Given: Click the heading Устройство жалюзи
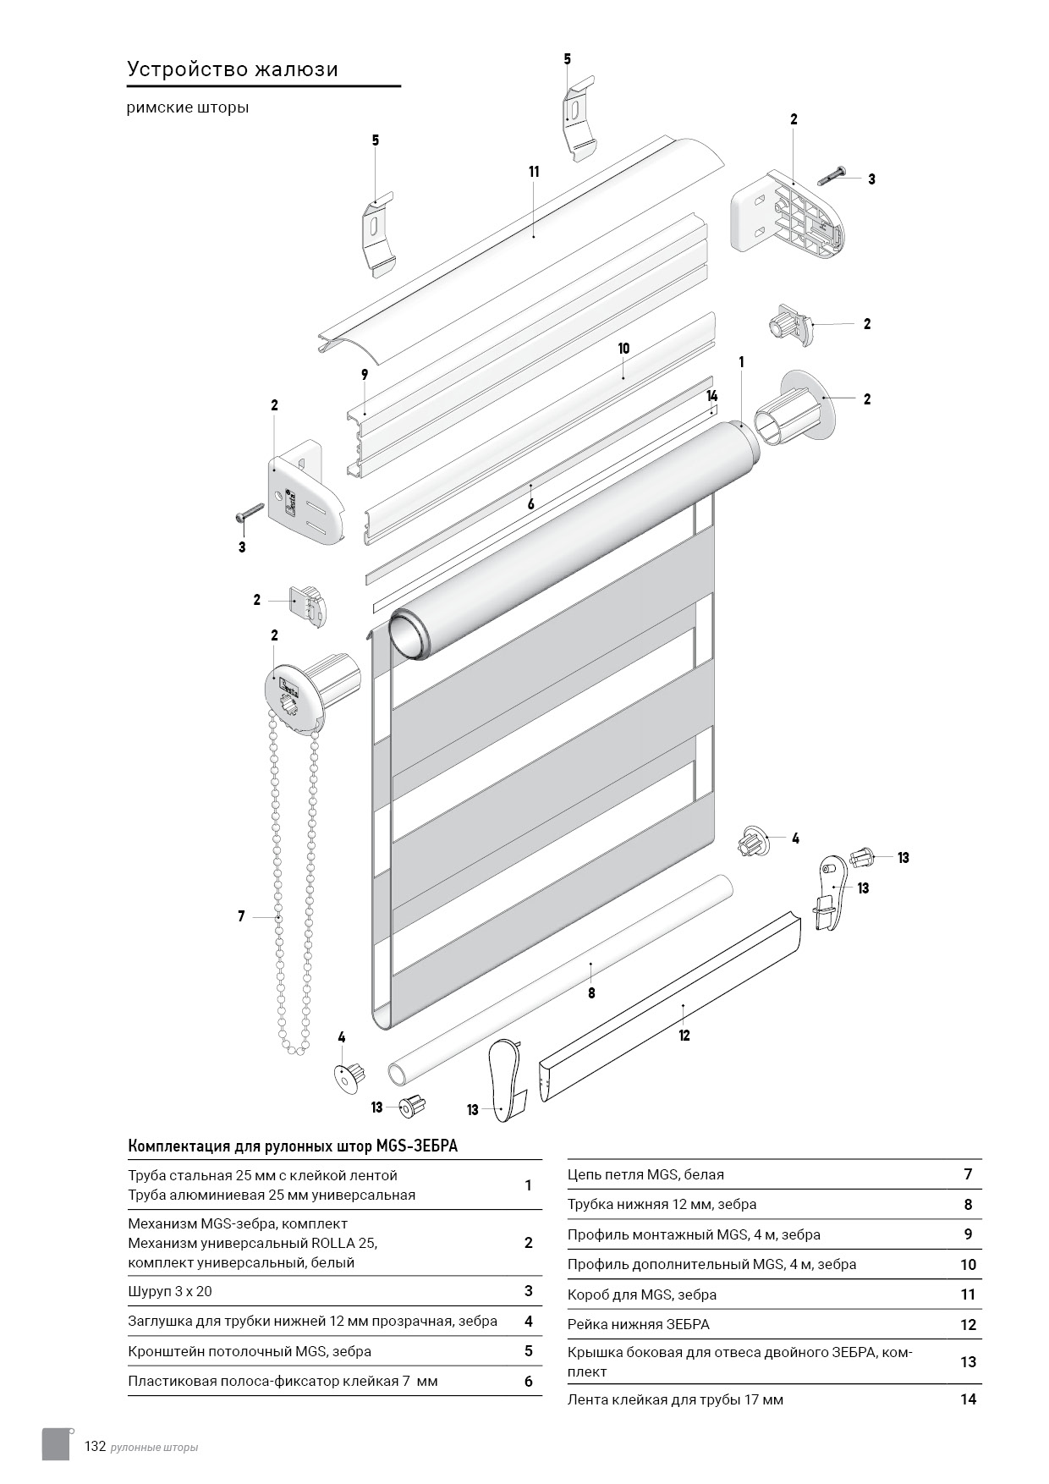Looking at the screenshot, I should pos(233,69).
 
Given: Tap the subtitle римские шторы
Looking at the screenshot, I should pos(188,108).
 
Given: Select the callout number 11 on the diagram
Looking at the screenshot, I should pos(534,172).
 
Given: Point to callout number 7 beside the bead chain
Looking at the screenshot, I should pos(241,916).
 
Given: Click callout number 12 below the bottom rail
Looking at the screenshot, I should pos(684,1036).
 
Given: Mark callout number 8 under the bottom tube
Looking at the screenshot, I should pos(591,993).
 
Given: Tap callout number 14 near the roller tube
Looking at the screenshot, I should pos(712,396).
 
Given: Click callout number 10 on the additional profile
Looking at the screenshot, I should pos(624,349).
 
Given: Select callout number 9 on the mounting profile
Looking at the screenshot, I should pos(365,374).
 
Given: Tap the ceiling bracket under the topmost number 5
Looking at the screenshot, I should pos(578,118).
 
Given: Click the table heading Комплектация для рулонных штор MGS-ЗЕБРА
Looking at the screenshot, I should pos(293,1146).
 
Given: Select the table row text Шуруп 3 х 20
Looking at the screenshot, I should pos(170,1291).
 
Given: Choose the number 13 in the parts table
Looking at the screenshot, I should pos(969,1361).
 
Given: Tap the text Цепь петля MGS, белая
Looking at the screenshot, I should pos(645,1174).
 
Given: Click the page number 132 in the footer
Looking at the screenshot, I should pos(95,1446).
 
